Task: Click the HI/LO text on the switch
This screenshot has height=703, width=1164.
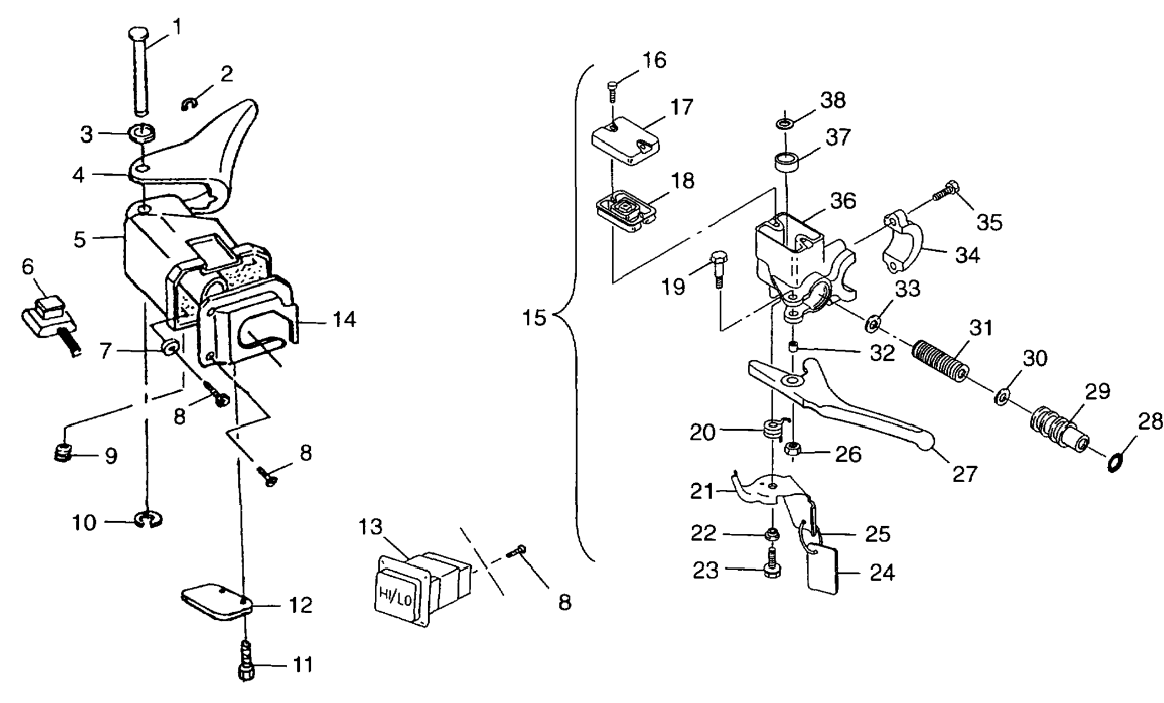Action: [x=395, y=596]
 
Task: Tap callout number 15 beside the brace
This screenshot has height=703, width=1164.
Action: [x=534, y=318]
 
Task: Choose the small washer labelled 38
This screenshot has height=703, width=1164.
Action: [x=785, y=123]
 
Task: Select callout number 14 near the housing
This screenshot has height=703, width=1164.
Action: [x=344, y=319]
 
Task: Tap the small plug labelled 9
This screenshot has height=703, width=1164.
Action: [x=64, y=453]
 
